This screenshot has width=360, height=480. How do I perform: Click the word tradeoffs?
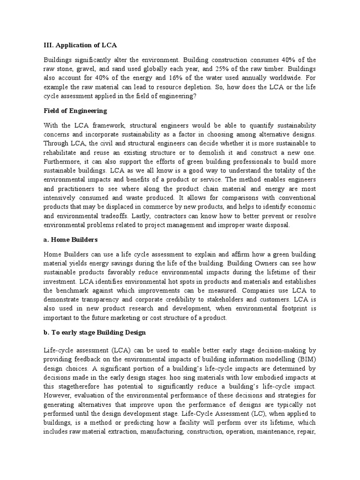[113, 216]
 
